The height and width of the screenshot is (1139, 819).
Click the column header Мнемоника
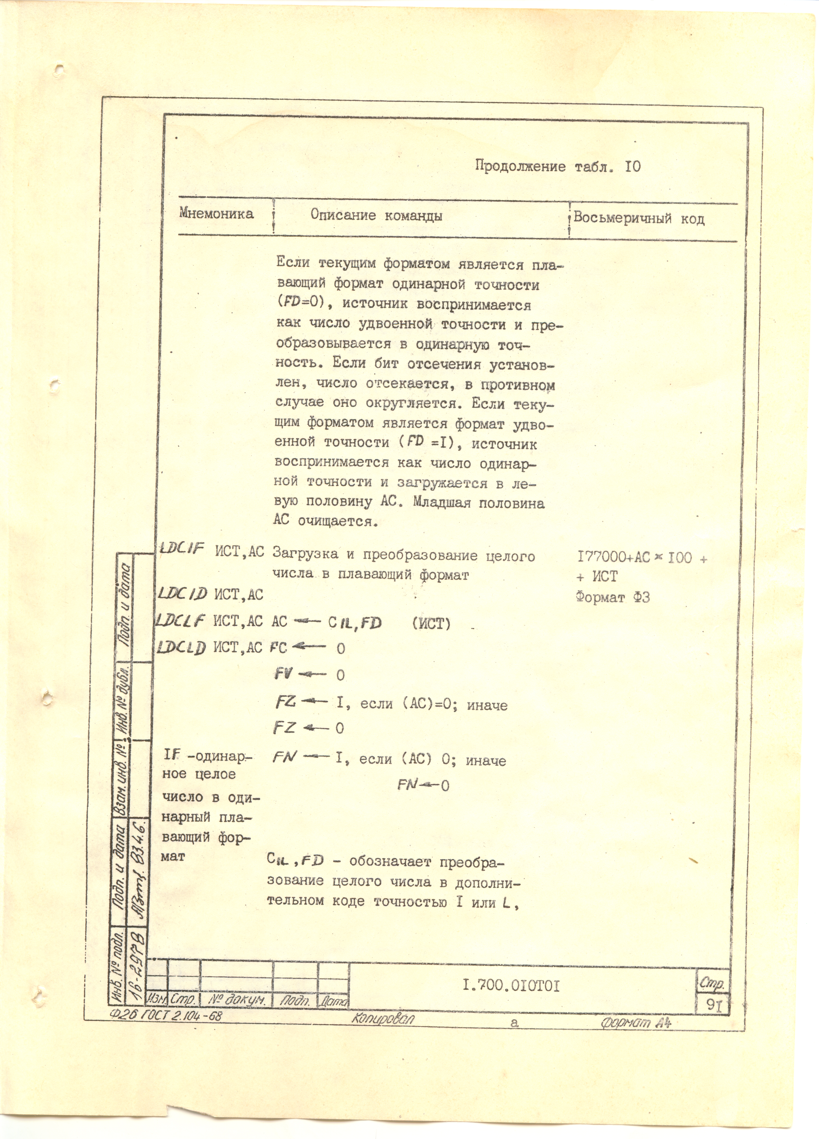click(x=216, y=214)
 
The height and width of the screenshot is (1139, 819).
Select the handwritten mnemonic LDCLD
click(x=181, y=648)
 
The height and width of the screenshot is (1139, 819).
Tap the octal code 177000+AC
click(x=613, y=557)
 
